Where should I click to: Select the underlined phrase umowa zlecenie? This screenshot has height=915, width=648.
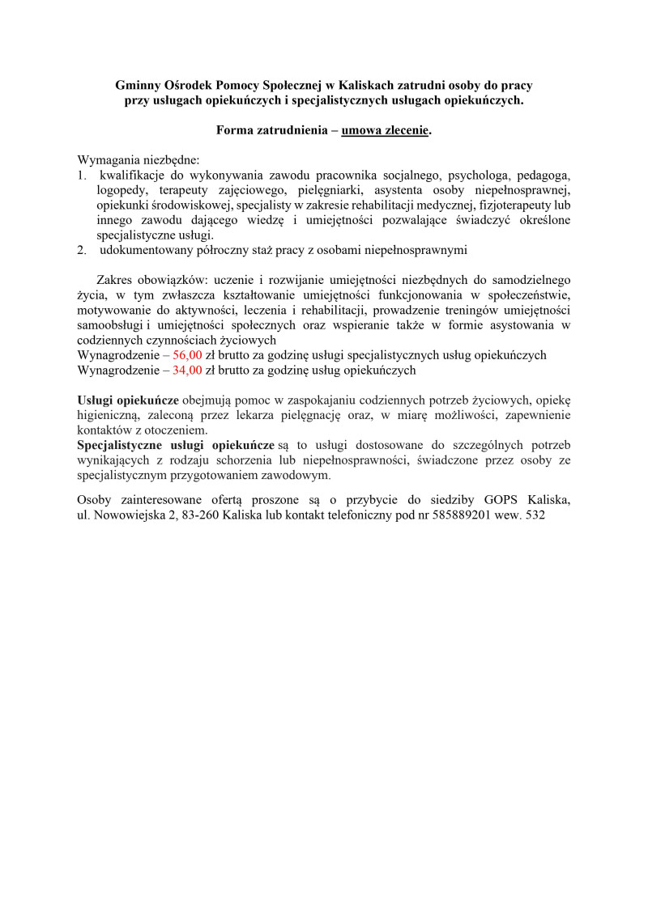(384, 130)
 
